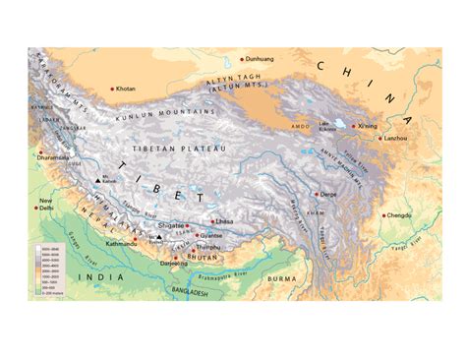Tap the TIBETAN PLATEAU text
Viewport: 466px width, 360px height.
[x=188, y=147]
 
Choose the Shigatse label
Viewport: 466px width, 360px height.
[x=172, y=225]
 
